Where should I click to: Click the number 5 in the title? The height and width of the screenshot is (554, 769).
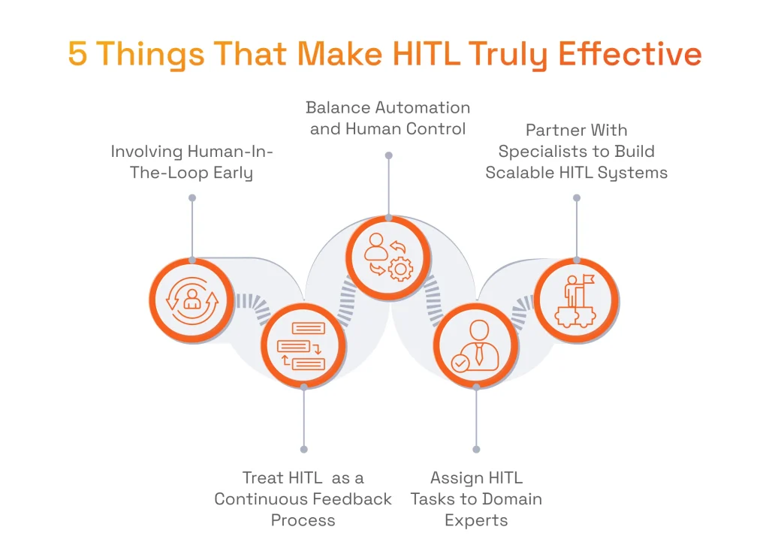pyautogui.click(x=78, y=55)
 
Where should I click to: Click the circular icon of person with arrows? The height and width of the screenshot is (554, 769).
pyautogui.click(x=191, y=300)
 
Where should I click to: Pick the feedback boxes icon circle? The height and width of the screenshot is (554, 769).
pyautogui.click(x=303, y=346)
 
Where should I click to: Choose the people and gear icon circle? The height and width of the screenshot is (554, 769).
pyautogui.click(x=388, y=257)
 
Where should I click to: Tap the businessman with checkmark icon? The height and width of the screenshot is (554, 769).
pyautogui.click(x=476, y=346)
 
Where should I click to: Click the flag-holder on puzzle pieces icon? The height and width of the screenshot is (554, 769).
pyautogui.click(x=576, y=300)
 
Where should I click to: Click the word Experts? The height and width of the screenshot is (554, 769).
pyautogui.click(x=476, y=520)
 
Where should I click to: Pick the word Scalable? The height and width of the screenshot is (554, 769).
pyautogui.click(x=520, y=173)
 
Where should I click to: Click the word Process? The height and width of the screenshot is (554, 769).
pyautogui.click(x=303, y=520)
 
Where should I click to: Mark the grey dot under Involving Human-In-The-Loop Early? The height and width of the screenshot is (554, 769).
pyautogui.click(x=192, y=198)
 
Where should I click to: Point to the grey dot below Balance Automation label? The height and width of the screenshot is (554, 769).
pyautogui.click(x=388, y=155)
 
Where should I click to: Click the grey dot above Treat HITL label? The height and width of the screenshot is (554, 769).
pyautogui.click(x=303, y=449)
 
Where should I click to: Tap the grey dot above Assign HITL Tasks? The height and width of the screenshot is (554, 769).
pyautogui.click(x=476, y=449)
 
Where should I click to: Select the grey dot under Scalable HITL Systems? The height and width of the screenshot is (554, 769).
pyautogui.click(x=577, y=198)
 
